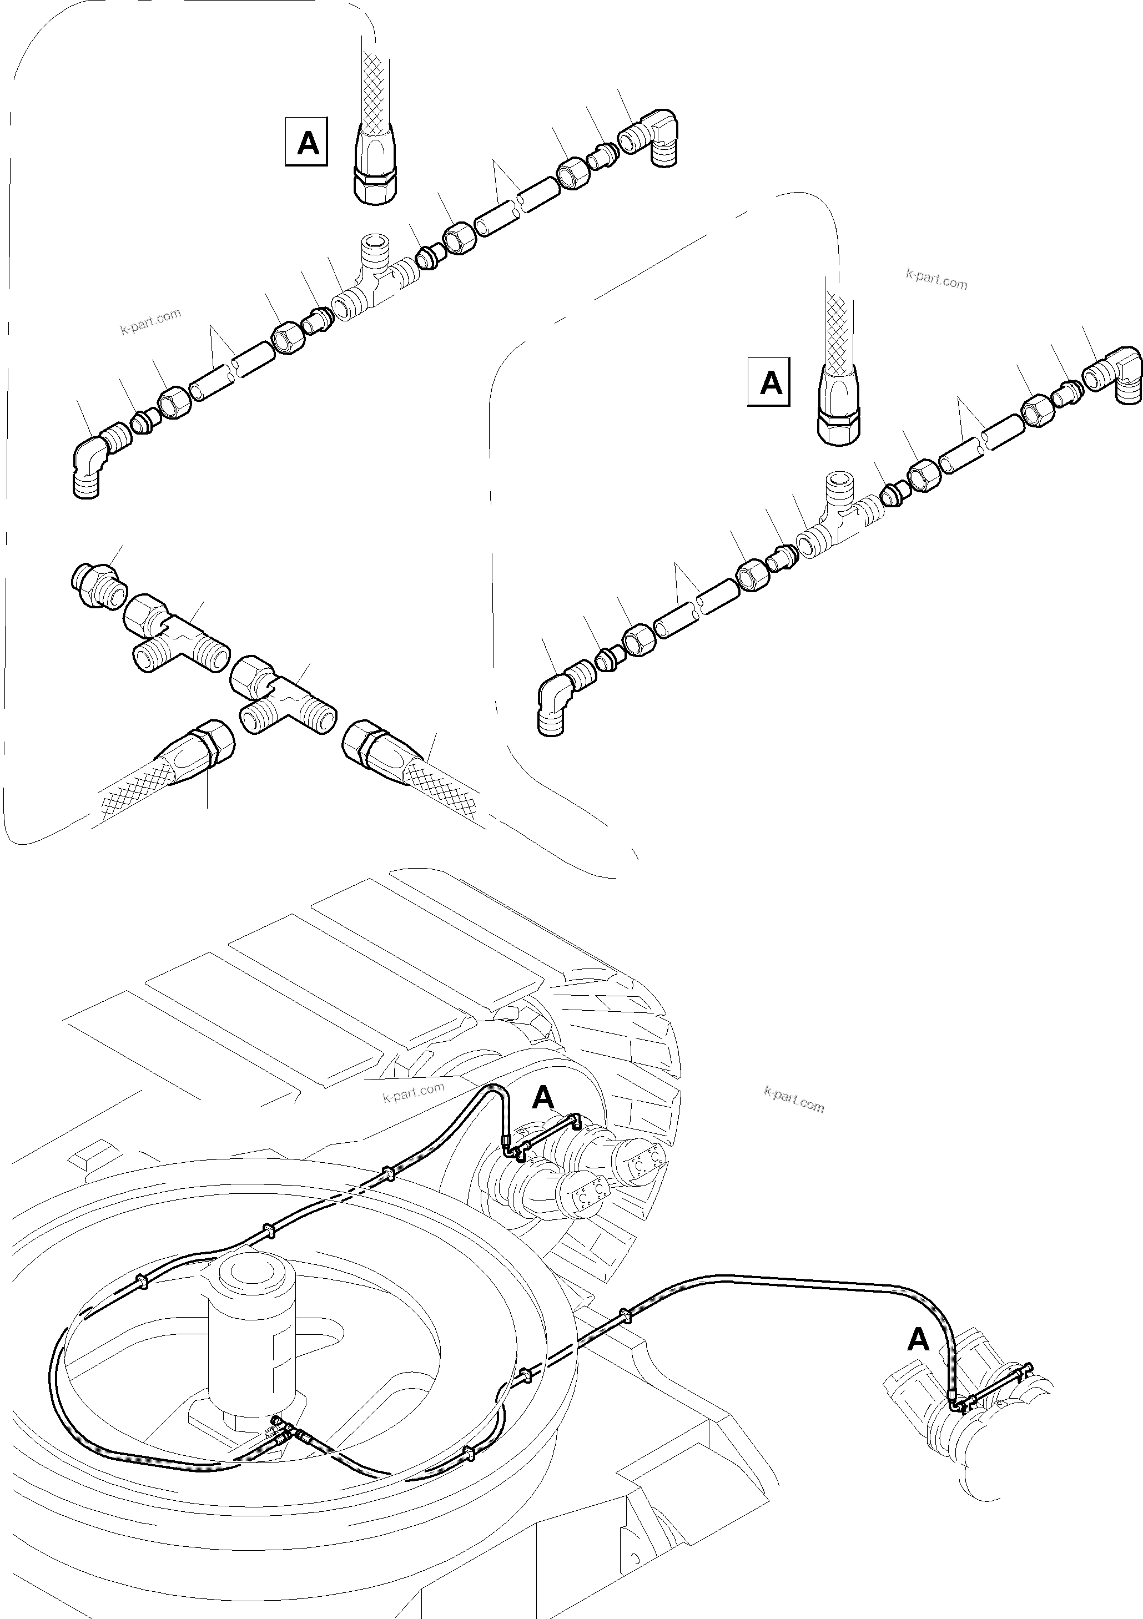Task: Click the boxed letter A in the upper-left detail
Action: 306,143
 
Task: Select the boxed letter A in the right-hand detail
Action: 769,383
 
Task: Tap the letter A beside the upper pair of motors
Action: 543,1097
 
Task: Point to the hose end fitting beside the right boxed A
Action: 839,406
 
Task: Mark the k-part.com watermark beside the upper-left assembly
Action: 150,321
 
